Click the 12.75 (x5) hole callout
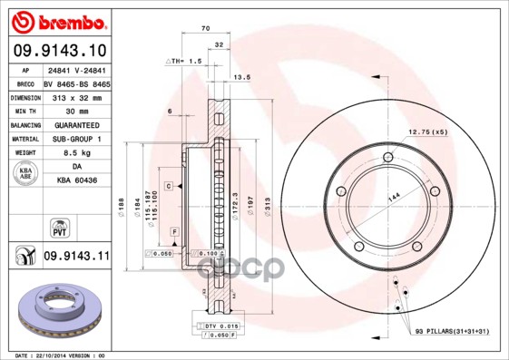[427, 132]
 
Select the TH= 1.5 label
[183, 59]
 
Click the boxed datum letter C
[169, 185]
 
